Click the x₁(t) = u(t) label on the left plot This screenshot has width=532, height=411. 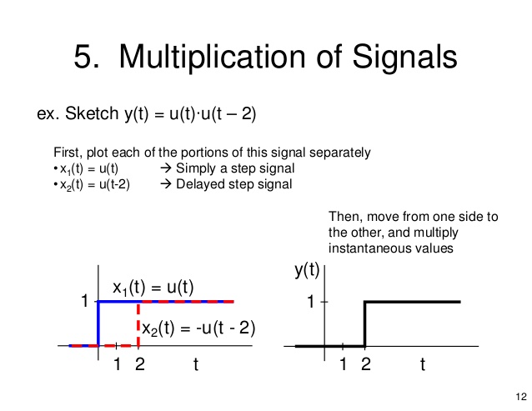pos(153,288)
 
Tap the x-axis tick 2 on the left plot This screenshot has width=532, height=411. pos(138,364)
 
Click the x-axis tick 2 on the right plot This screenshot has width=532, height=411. pos(365,364)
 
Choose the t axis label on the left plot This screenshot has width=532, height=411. pos(196,364)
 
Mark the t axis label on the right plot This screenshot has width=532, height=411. pos(423,364)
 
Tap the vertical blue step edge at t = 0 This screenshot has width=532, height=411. pos(99,323)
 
